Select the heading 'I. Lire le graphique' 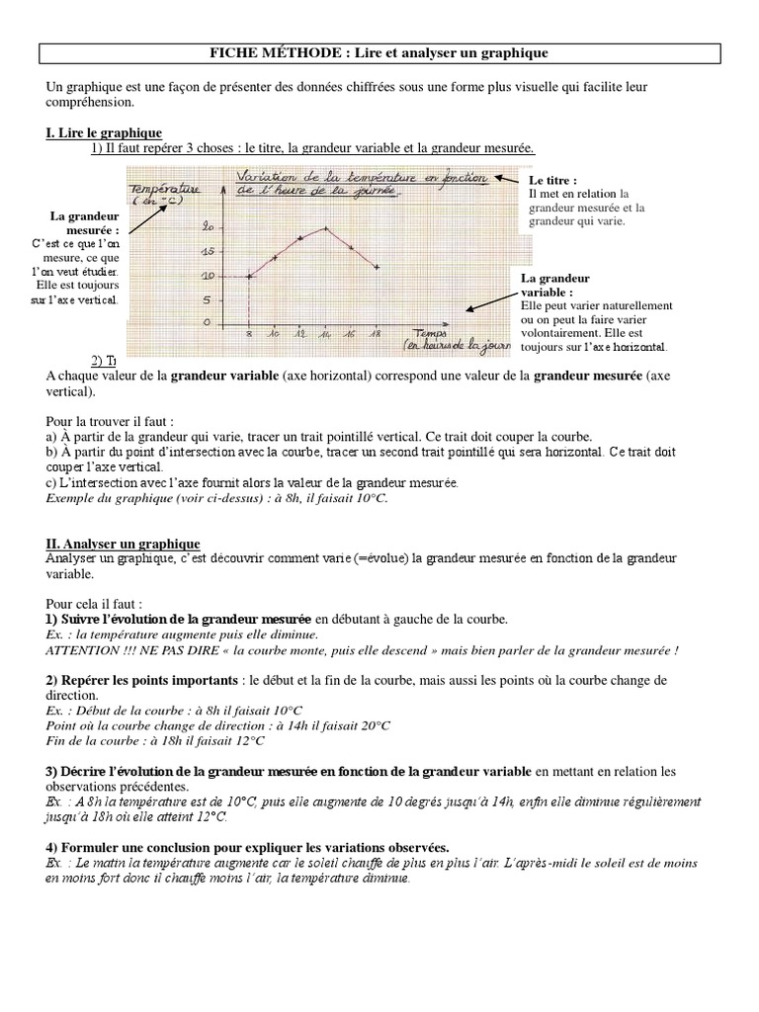point(104,132)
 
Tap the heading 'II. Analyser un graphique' point(123,544)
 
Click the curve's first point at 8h point(248,276)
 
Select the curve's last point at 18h point(377,266)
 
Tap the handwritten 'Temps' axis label point(432,334)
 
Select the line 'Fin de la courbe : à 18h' point(155,739)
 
